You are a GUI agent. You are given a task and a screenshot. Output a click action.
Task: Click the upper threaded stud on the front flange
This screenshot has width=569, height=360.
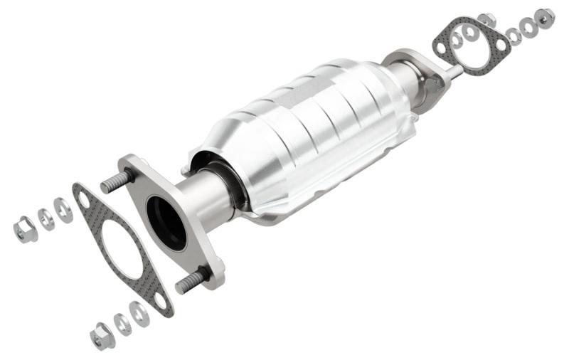pos(113,181)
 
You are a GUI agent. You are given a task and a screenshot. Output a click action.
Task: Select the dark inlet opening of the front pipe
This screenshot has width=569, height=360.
pos(166,222)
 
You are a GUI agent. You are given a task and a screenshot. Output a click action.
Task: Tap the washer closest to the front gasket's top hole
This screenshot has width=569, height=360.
pos(63,210)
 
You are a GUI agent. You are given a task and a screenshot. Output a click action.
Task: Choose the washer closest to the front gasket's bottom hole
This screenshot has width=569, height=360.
pos(139,313)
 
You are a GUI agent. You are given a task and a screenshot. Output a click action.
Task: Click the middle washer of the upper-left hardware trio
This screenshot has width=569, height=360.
pos(46,219)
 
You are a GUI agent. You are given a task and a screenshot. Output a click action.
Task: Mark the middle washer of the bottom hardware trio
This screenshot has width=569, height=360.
pos(122,324)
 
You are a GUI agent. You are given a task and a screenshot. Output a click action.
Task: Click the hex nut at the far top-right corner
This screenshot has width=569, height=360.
pos(545,17)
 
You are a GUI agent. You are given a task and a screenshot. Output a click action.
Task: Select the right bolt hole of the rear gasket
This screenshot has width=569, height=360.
pos(500,44)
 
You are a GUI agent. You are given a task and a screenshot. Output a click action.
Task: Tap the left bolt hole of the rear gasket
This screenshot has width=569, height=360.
pos(441,48)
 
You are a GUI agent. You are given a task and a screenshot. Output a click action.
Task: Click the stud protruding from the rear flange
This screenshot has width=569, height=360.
pos(451,70)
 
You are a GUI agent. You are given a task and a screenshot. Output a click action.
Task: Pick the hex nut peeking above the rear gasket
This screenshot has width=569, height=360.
pos(486,19)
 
